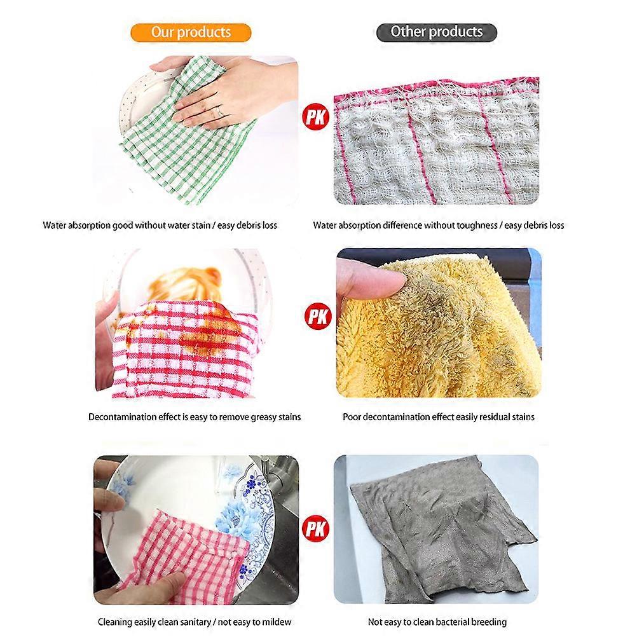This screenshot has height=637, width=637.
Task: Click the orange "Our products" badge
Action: [191, 32]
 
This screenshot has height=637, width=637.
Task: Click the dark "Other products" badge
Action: [436, 32]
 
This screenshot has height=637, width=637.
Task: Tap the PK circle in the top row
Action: [316, 118]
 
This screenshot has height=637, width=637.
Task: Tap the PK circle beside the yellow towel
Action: [318, 317]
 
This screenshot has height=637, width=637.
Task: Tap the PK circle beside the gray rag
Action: [316, 528]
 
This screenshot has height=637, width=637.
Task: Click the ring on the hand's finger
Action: [220, 111]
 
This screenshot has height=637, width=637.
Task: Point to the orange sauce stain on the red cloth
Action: [203, 333]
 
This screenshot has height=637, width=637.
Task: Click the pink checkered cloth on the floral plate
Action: [183, 556]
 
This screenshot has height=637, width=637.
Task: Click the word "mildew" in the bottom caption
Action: [275, 622]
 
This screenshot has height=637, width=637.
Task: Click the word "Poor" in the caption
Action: [352, 417]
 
